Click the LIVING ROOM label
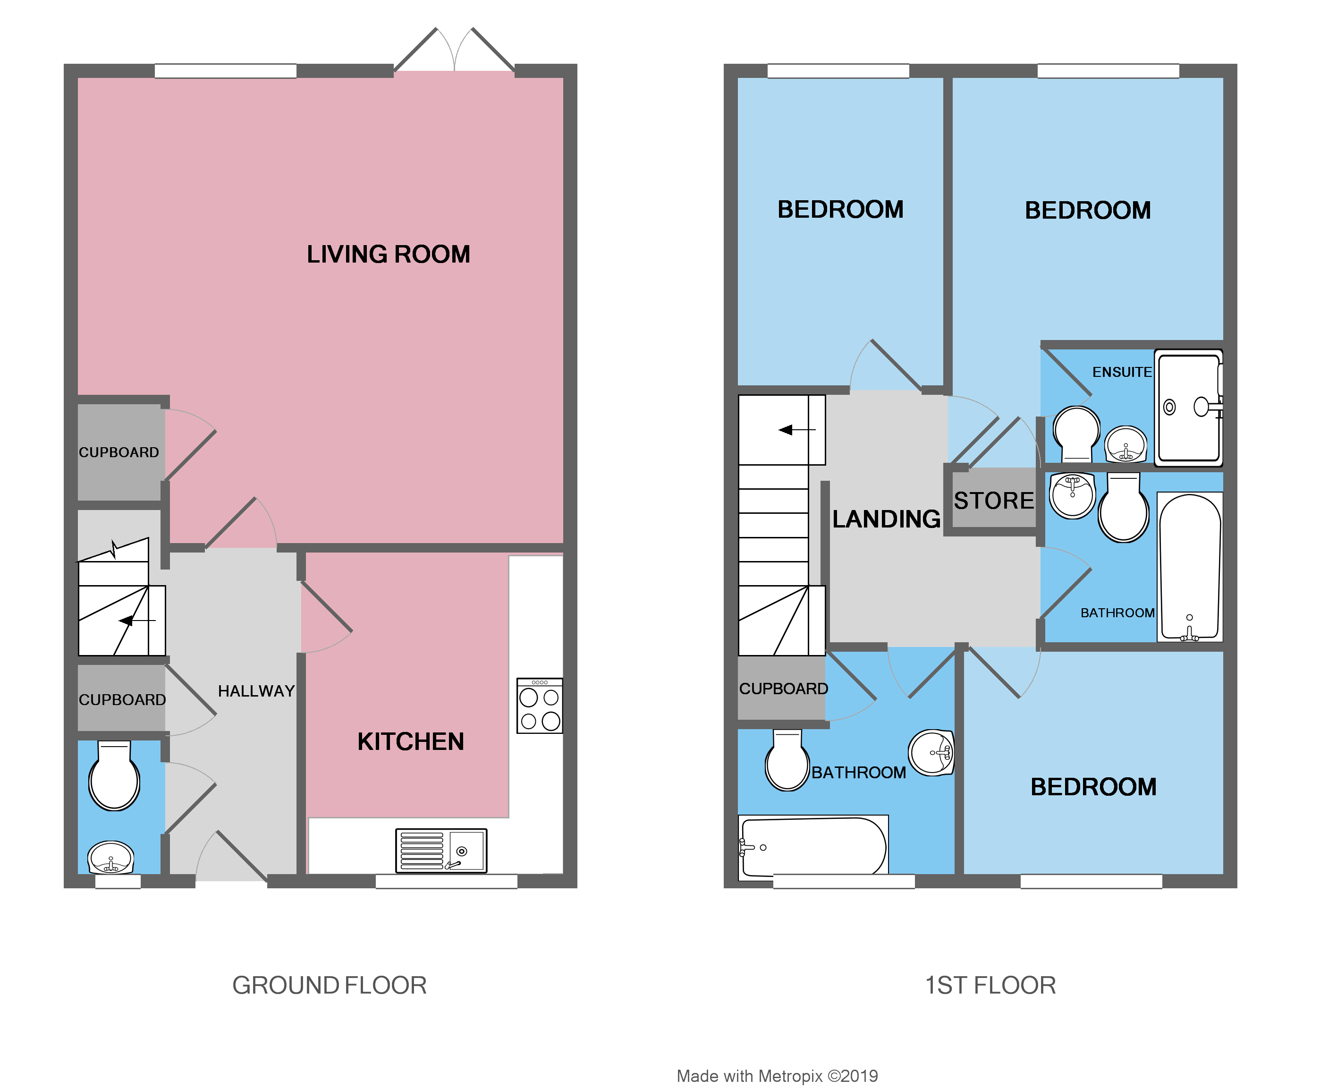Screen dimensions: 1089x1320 coord(388,254)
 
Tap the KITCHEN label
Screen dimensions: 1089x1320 coord(411,741)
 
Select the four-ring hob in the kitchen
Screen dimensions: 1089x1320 coord(539,706)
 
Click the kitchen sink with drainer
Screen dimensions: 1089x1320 coord(441,851)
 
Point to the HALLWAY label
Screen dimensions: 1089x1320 coord(256,691)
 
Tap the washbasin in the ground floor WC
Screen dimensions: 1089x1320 coord(111,858)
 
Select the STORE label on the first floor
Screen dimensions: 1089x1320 coord(993,501)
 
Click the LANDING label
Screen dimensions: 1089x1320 coord(886,519)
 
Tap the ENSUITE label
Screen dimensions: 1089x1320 coord(1122,372)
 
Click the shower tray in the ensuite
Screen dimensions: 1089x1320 coord(1188,408)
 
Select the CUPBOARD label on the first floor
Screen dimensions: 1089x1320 coord(783,689)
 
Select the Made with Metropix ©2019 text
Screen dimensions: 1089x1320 coord(777,1076)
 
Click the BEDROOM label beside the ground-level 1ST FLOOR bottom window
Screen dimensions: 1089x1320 coord(1093,787)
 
